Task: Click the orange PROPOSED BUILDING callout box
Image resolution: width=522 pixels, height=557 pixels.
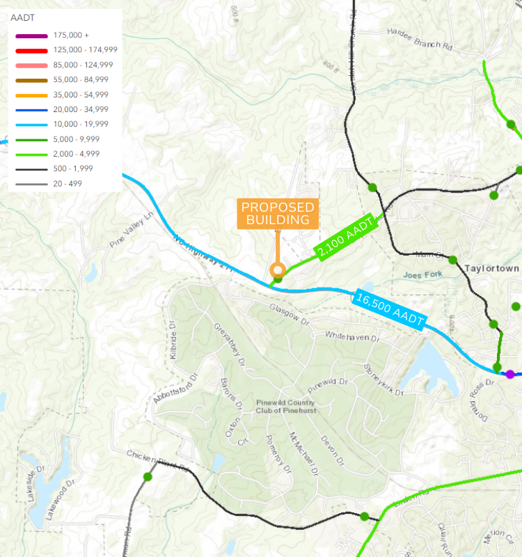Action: pos(278,214)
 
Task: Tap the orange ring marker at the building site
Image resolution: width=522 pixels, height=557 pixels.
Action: pos(278,270)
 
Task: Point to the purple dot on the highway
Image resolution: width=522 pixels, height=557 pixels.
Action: pos(510,374)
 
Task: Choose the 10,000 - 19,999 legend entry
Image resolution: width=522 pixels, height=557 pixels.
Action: pos(80,124)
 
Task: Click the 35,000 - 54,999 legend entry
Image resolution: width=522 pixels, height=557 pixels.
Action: pos(80,95)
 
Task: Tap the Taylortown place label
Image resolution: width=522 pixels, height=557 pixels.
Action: pos(492,268)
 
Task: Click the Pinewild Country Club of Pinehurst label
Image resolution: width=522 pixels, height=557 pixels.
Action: pos(285,407)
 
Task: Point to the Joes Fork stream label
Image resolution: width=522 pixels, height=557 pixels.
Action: pos(422,275)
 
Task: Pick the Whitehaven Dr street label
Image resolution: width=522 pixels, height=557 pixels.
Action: pos(354,336)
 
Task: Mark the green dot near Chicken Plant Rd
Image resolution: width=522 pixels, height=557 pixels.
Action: pos(148,477)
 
